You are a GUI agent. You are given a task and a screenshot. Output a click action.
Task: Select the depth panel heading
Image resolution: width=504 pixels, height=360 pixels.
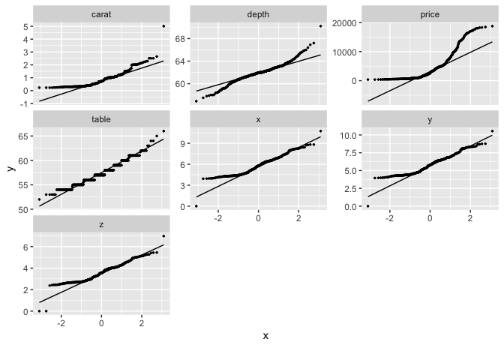pyautogui.click(x=258, y=14)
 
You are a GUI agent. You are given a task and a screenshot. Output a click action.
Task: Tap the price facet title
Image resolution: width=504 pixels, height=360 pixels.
pyautogui.click(x=430, y=14)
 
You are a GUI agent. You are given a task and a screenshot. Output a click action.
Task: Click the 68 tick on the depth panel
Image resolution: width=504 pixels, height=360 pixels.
pyautogui.click(x=181, y=38)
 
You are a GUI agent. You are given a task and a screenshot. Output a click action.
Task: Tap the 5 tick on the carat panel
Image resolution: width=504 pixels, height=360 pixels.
pyautogui.click(x=28, y=26)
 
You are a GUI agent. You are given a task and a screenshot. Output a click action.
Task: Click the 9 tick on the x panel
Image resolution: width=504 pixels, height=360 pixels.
pyautogui.click(x=184, y=142)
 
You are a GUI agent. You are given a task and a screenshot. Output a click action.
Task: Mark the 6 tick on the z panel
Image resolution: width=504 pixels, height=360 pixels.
pyautogui.click(x=28, y=247)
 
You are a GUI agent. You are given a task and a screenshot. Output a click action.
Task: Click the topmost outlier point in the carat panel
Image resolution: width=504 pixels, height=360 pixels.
pyautogui.click(x=163, y=26)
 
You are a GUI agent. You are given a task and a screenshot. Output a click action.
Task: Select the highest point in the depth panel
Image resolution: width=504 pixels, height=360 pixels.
pyautogui.click(x=320, y=26)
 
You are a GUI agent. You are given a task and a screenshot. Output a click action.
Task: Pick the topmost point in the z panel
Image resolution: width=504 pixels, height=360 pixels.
pyautogui.click(x=163, y=236)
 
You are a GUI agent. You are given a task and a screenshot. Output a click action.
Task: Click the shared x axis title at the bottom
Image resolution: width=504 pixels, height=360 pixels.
pyautogui.click(x=265, y=335)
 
